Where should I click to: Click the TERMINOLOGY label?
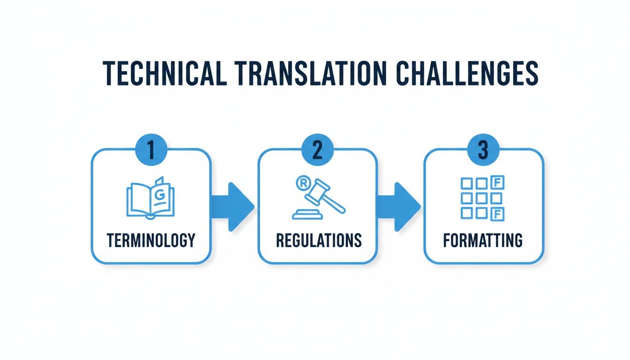coord(150,240)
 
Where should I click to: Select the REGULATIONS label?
coord(319,240)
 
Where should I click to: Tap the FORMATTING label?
coord(483,240)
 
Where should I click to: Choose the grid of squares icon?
coord(481,197)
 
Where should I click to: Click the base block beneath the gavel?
coord(307,215)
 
